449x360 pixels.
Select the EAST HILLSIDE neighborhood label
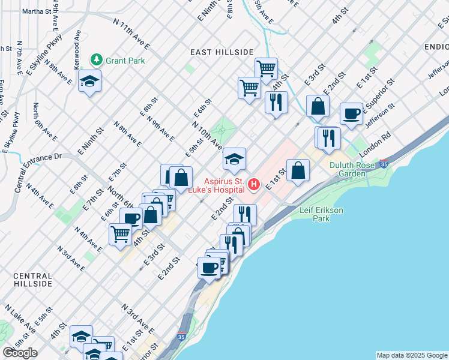coord(222,52)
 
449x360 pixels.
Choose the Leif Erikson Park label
coord(322,214)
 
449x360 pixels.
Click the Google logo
coord(20,353)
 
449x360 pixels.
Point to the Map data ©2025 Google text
coord(411,355)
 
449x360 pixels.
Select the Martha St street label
coord(37,11)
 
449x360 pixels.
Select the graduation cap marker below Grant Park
coord(89,81)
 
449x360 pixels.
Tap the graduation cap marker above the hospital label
coord(234,158)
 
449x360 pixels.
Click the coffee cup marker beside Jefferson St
coord(351,113)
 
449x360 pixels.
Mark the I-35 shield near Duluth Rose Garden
coord(383,163)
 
